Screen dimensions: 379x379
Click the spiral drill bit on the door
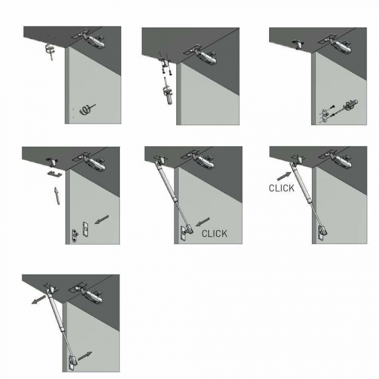point(85,110)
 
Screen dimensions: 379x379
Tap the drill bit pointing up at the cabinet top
point(49,51)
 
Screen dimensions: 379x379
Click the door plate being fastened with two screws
point(325,115)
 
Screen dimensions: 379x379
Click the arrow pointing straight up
point(57,196)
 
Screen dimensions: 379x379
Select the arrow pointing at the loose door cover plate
point(102,219)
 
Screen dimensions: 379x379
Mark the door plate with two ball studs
point(75,236)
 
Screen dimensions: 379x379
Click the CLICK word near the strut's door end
point(214,234)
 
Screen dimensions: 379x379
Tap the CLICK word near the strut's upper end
point(282,188)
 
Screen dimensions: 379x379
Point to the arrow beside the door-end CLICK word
point(202,222)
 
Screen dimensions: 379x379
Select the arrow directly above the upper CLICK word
point(284,176)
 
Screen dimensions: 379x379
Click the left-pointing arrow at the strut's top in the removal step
point(38,299)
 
